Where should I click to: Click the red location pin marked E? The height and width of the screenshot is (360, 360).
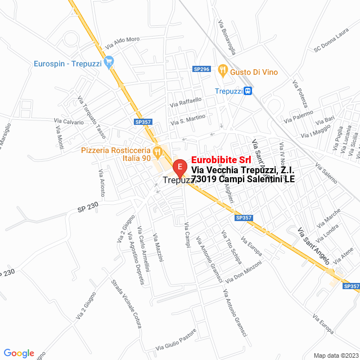point(179,167)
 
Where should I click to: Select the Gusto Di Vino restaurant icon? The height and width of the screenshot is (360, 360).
point(223,71)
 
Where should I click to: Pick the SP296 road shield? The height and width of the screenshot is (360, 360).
point(201,69)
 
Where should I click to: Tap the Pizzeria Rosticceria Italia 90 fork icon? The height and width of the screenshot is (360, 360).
point(158,151)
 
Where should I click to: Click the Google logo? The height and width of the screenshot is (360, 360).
point(18,353)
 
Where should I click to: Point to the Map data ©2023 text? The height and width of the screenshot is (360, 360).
point(336,355)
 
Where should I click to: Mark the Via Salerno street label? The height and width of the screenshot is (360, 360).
point(326,174)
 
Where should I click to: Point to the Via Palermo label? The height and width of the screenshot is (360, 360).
point(298,116)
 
